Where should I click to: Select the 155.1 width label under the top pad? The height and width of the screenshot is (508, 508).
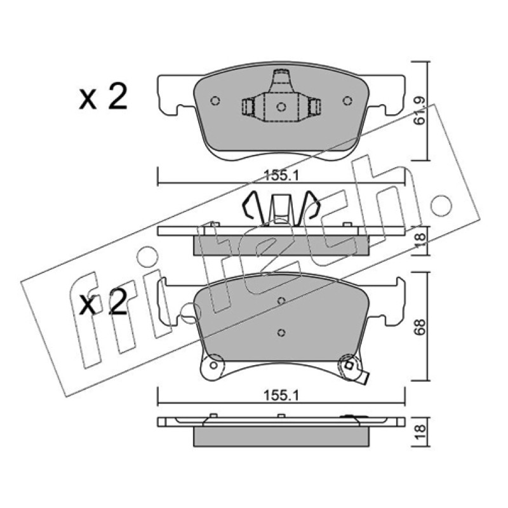click(x=281, y=176)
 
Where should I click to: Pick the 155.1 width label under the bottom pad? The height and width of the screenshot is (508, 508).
click(x=281, y=395)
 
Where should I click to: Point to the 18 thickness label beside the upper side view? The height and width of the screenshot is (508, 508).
click(x=420, y=241)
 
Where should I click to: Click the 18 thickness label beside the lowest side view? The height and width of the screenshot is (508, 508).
click(x=420, y=432)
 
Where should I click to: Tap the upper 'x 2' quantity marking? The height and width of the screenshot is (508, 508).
click(x=103, y=97)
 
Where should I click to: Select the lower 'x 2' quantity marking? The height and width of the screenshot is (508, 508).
click(x=103, y=302)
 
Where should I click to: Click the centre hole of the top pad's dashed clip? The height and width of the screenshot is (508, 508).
click(x=281, y=107)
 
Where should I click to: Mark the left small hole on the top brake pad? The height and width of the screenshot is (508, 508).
click(x=215, y=101)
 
